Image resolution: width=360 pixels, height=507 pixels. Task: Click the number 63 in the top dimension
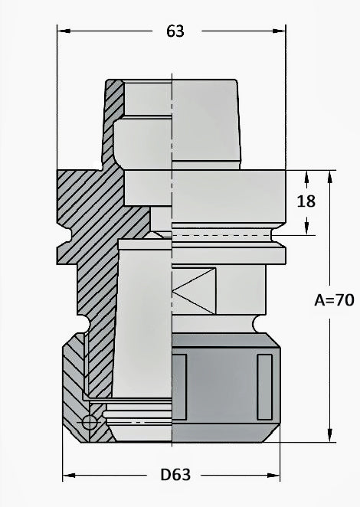pos(175,31)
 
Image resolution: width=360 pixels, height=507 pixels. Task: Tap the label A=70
pos(333,300)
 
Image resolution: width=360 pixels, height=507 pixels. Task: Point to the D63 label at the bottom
pos(175,475)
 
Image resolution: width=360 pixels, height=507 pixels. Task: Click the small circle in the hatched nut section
pos(90,422)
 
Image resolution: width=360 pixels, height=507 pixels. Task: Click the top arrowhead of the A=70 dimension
pos(330,175)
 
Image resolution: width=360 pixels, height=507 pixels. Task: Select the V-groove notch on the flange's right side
pos(277,234)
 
